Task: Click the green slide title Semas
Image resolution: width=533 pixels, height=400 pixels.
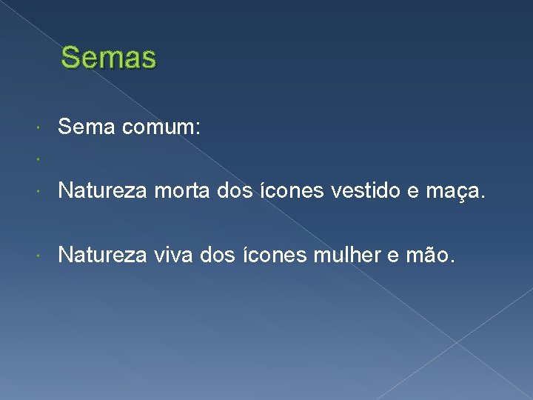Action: coord(109,57)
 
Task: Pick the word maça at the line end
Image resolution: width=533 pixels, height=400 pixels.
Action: coord(454,192)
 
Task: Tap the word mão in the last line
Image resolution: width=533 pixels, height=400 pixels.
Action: coord(435,256)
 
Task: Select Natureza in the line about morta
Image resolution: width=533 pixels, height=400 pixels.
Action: coord(103,192)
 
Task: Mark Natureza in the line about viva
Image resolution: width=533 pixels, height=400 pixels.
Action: coord(103,256)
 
